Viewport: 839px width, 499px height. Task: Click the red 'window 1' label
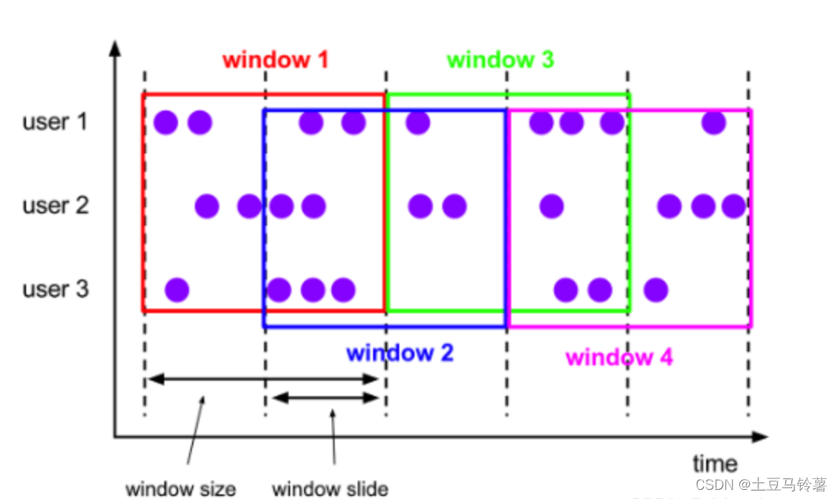(276, 60)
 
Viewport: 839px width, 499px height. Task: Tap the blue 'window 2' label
(400, 353)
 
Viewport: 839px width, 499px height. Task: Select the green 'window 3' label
(500, 60)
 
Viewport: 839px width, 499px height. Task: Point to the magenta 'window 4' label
(619, 357)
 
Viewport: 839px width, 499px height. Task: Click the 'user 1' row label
(55, 121)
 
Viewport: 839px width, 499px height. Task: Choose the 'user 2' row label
(55, 206)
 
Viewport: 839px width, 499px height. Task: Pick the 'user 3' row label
(55, 289)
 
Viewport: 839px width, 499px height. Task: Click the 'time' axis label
(715, 464)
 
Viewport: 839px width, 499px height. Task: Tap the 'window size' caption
(180, 488)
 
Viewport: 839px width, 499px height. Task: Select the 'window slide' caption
(330, 488)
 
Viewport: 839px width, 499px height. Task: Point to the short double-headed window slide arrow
(326, 398)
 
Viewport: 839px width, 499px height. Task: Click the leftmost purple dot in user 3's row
(177, 289)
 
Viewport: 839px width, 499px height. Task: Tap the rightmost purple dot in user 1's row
(714, 122)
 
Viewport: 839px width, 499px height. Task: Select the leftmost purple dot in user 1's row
(166, 122)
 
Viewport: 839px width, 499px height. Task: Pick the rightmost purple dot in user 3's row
(655, 289)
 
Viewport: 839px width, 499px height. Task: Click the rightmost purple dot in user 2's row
(734, 206)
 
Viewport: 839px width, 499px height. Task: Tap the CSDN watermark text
(761, 484)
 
